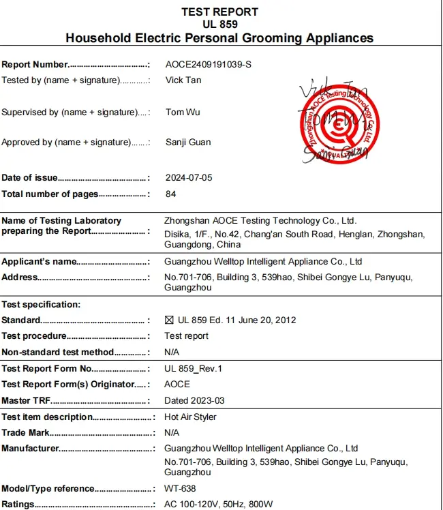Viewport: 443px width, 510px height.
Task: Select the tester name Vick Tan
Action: pyautogui.click(x=183, y=80)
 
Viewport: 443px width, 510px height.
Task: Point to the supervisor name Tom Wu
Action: pyautogui.click(x=183, y=112)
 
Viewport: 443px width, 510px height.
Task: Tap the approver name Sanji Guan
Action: pyautogui.click(x=187, y=142)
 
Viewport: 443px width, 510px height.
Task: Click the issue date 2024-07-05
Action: pyautogui.click(x=189, y=178)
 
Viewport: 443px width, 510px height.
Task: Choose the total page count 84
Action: pyautogui.click(x=170, y=194)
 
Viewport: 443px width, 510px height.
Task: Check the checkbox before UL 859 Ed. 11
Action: pyautogui.click(x=170, y=320)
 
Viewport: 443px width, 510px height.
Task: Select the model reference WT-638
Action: pyautogui.click(x=180, y=489)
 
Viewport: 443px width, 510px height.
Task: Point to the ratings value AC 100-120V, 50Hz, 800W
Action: pyautogui.click(x=218, y=505)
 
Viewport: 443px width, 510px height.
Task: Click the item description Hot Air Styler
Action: pyautogui.click(x=192, y=417)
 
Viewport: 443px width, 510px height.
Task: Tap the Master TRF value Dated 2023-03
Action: pyautogui.click(x=194, y=401)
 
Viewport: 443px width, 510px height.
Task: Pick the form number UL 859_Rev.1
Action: pyautogui.click(x=194, y=369)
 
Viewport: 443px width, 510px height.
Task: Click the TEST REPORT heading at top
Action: pyautogui.click(x=219, y=12)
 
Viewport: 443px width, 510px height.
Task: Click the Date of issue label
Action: pyautogui.click(x=29, y=178)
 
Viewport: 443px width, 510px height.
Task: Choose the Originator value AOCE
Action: pyautogui.click(x=177, y=385)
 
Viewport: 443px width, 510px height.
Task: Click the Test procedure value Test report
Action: pyautogui.click(x=186, y=336)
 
